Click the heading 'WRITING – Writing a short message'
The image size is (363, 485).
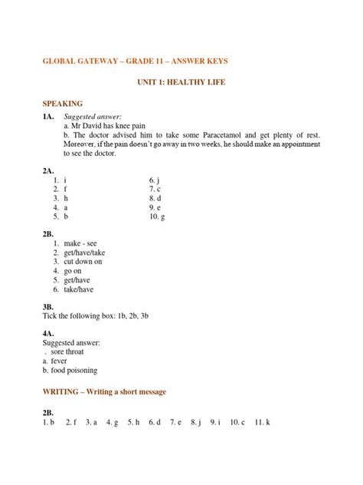click(103, 391)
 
